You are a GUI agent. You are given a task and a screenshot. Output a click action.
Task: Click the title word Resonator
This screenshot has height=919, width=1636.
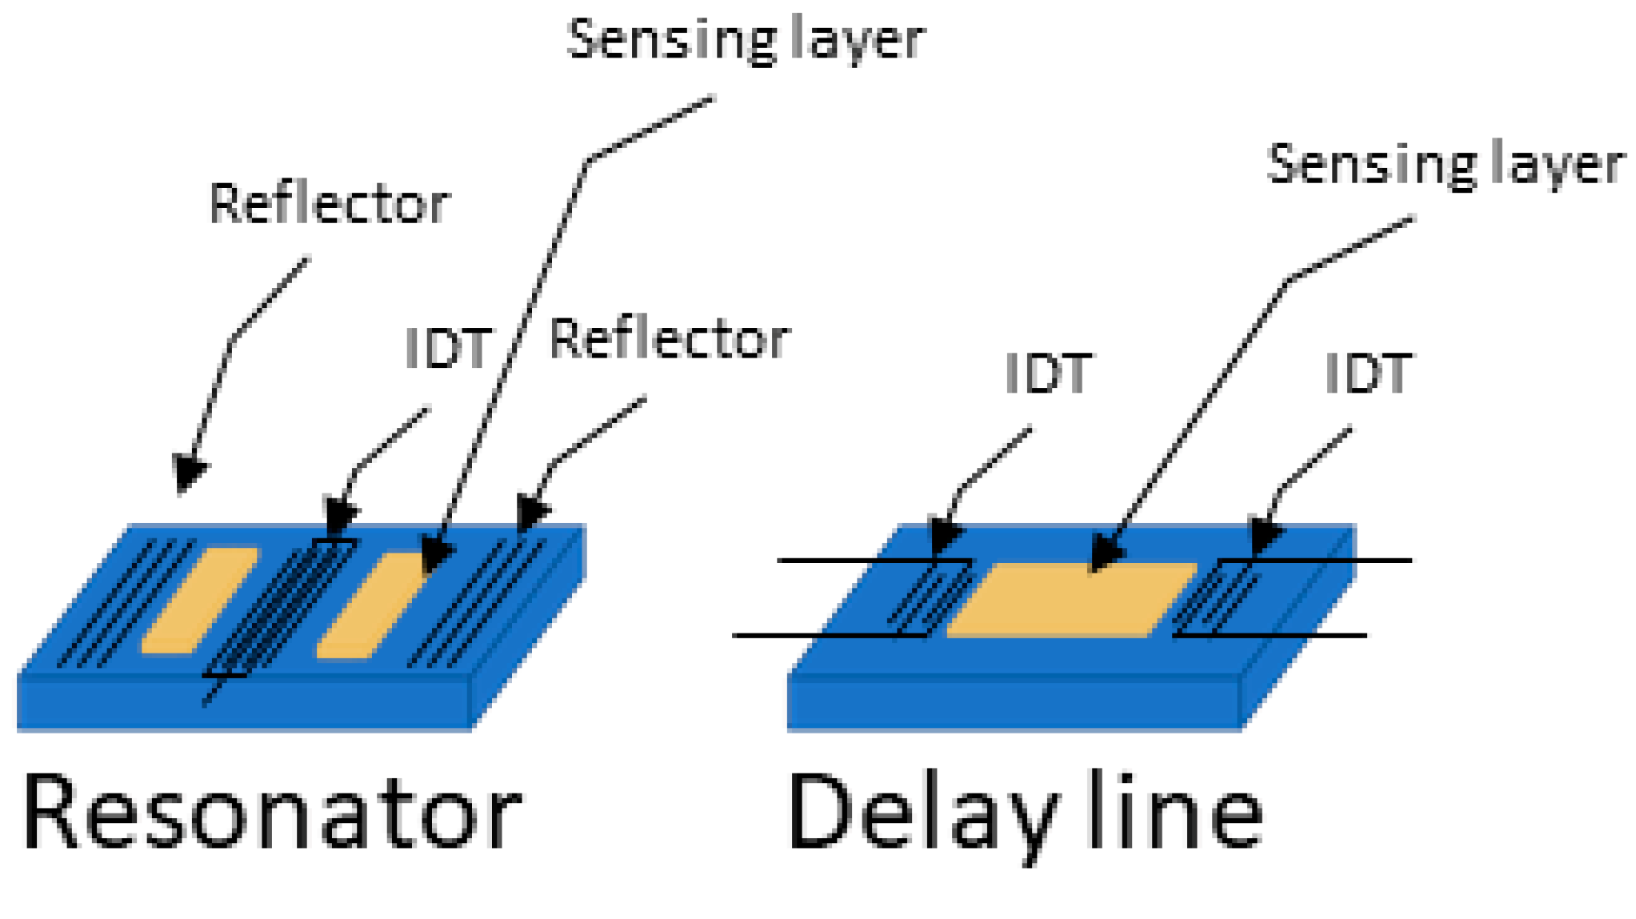tap(272, 812)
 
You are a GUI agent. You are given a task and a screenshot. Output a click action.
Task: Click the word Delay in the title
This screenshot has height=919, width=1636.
tap(920, 812)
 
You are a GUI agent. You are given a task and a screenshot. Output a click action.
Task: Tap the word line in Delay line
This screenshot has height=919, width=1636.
tap(1176, 812)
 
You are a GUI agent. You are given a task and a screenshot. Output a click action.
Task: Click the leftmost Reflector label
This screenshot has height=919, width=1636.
tap(329, 204)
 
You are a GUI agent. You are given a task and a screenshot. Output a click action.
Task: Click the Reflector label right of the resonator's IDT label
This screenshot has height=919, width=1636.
tap(669, 339)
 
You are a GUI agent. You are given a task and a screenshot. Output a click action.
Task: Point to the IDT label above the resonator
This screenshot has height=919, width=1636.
tap(448, 349)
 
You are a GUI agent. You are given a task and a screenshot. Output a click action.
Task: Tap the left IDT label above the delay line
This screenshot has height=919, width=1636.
tap(1046, 373)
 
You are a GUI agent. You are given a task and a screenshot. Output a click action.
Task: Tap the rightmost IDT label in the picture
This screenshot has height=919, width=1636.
tap(1368, 373)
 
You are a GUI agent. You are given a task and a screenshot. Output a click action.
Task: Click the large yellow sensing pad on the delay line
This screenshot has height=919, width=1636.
tap(1072, 600)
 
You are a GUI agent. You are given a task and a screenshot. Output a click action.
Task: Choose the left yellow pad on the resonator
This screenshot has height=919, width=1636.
tap(200, 600)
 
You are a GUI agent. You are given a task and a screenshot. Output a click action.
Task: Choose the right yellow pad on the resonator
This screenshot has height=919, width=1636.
tap(372, 605)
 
